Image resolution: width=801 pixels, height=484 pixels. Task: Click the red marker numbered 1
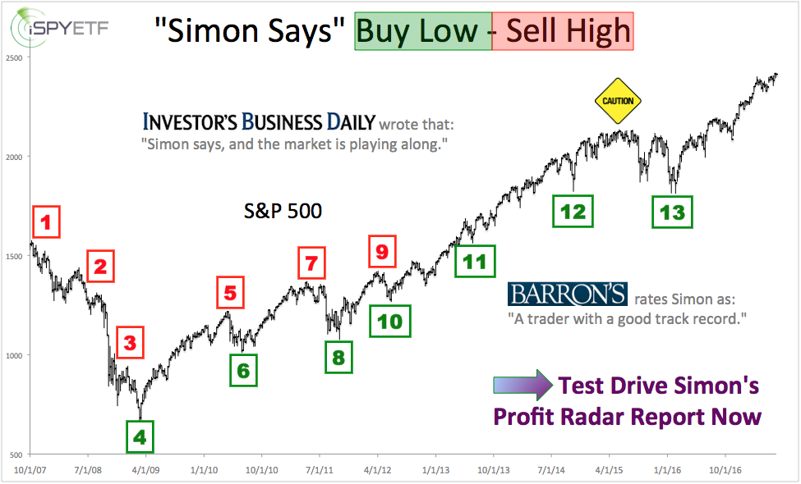[47, 221]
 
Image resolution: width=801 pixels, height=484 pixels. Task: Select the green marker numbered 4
[140, 437]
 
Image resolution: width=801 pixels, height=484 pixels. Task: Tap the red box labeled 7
[311, 263]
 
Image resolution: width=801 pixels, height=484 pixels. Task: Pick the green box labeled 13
[672, 212]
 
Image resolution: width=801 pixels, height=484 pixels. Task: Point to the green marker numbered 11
[475, 261]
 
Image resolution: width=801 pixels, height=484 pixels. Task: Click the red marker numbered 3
[131, 343]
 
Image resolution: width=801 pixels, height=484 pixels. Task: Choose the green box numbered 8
[338, 358]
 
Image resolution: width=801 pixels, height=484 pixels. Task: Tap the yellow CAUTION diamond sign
[618, 101]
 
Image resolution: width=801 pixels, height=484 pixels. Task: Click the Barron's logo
[568, 294]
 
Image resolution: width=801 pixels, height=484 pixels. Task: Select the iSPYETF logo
[60, 28]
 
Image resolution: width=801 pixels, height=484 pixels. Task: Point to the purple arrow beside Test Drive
[522, 385]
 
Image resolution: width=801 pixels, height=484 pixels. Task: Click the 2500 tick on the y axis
[14, 58]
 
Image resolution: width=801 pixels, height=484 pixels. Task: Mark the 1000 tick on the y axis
[14, 356]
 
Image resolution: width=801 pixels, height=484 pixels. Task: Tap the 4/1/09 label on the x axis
[146, 470]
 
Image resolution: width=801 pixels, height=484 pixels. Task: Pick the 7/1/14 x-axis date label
[551, 470]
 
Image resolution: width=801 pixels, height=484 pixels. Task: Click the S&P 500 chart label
[283, 211]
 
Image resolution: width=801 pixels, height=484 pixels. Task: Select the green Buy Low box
[423, 31]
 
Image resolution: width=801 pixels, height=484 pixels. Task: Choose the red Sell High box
[563, 31]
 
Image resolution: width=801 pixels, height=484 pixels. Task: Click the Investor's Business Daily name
[259, 122]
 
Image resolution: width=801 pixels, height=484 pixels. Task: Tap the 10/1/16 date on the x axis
[725, 470]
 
